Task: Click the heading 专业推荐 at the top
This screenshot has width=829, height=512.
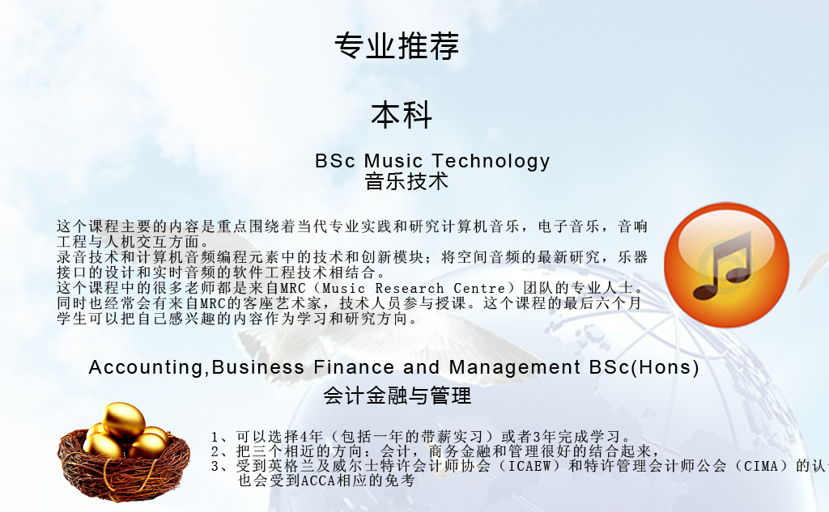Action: pos(397,45)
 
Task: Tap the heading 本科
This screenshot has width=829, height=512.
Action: pos(402,115)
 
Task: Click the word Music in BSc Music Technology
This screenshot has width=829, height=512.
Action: pos(393,161)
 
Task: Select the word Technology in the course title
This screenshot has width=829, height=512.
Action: pos(491,161)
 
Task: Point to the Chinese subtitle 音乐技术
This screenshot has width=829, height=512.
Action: pos(406,181)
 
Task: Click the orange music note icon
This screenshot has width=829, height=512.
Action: pos(726,264)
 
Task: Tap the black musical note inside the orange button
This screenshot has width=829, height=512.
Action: pos(723,264)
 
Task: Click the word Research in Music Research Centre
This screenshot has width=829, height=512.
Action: pos(409,289)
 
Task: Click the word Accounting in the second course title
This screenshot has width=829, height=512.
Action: pos(146,367)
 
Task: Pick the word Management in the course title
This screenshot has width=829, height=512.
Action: pos(514,366)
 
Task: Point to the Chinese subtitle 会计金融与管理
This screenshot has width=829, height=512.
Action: pos(397,396)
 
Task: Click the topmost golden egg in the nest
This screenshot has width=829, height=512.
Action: pos(123,421)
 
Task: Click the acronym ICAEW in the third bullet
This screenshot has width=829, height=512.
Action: pos(529,466)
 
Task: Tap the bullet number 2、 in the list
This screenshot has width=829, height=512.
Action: pos(219,452)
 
